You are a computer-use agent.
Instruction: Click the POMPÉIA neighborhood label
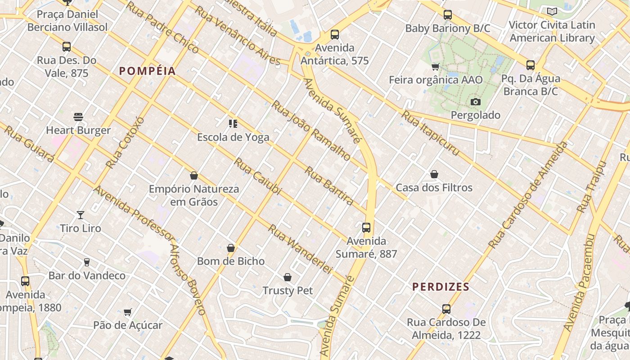(x=147, y=71)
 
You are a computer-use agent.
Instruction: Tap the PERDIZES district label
(x=441, y=287)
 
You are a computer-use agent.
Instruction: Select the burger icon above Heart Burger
(x=78, y=117)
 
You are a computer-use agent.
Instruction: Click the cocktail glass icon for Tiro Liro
(x=81, y=215)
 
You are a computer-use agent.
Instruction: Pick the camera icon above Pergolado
(x=475, y=102)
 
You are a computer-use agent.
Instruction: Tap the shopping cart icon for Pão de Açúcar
(x=128, y=312)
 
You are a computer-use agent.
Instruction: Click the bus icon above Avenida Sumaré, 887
(x=366, y=228)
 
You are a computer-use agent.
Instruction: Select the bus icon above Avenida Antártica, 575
(x=334, y=35)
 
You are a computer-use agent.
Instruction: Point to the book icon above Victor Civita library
(x=552, y=12)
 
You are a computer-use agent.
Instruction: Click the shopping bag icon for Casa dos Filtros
(x=434, y=174)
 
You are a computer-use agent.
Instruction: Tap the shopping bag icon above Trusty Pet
(x=288, y=277)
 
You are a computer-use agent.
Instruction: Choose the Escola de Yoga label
(x=233, y=137)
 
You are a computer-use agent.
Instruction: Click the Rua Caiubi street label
(x=257, y=176)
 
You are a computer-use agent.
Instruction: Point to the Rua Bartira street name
(x=329, y=185)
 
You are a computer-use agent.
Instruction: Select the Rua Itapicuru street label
(x=431, y=133)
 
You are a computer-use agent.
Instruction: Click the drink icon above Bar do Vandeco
(x=87, y=262)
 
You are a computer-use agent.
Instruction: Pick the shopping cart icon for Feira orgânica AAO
(x=435, y=67)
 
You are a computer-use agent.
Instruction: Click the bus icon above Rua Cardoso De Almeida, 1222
(x=446, y=309)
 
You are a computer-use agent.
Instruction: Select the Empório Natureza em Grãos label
(x=194, y=195)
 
